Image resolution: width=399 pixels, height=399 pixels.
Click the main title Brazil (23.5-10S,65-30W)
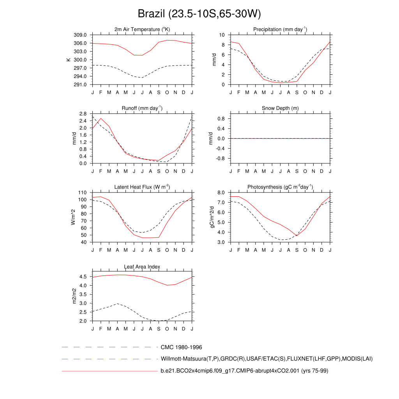coord(199,14)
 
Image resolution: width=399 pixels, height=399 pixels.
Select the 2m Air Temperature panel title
coord(142,30)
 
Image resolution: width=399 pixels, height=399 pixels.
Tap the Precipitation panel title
coord(280,30)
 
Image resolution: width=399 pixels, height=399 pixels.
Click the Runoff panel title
coord(142,108)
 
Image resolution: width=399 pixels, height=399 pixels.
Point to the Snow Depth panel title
coord(280,108)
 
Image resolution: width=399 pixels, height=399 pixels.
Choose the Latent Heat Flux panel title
coord(142,187)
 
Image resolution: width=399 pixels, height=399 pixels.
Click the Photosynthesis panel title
coord(280,187)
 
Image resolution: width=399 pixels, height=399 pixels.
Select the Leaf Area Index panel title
coord(142,267)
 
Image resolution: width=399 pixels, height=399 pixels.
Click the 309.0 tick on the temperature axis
coord(84,35)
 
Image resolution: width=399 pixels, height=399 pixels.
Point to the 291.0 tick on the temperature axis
coord(84,85)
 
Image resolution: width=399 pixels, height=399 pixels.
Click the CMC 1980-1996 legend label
coord(181,347)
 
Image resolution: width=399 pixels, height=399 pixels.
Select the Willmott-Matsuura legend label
coord(267,359)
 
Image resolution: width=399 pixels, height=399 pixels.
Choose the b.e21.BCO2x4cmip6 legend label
coord(244,371)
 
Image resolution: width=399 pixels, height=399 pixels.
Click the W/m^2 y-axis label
coord(72,217)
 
